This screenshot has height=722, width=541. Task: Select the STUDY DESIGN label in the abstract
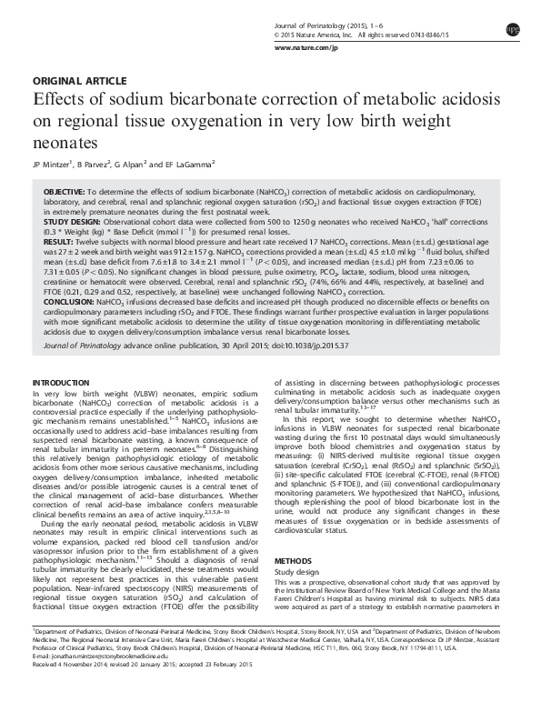(74, 221)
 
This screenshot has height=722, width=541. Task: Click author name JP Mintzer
(53, 165)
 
